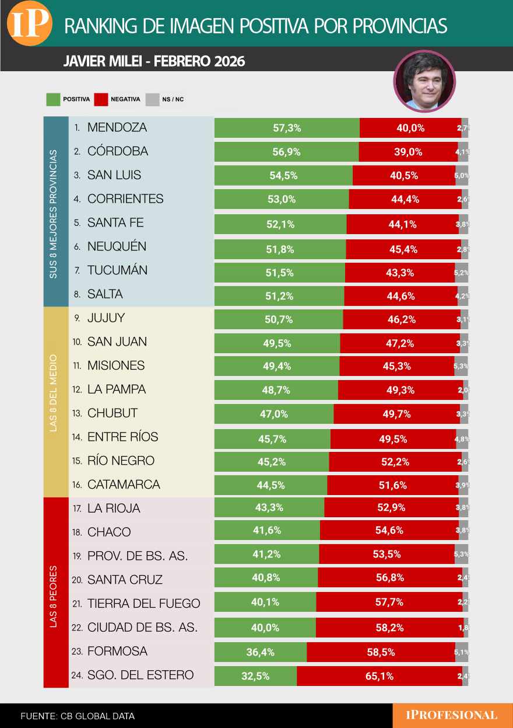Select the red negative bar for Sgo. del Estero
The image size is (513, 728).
[380, 676]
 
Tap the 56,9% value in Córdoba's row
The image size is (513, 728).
[286, 152]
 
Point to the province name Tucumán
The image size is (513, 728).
[117, 270]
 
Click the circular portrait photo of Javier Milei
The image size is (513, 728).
[424, 82]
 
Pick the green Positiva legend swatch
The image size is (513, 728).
[53, 99]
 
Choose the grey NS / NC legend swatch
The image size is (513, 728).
[152, 99]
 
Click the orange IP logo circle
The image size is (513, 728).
[29, 24]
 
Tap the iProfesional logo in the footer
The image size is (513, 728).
[452, 715]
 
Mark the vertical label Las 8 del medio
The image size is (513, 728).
[54, 393]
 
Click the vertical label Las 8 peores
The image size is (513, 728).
[54, 595]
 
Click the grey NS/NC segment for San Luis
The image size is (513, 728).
[462, 176]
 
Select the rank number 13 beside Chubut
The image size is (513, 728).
[76, 413]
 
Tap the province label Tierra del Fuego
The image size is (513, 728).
[143, 604]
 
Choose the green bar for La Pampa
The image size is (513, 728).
[276, 390]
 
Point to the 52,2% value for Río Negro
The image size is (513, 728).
[395, 462]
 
